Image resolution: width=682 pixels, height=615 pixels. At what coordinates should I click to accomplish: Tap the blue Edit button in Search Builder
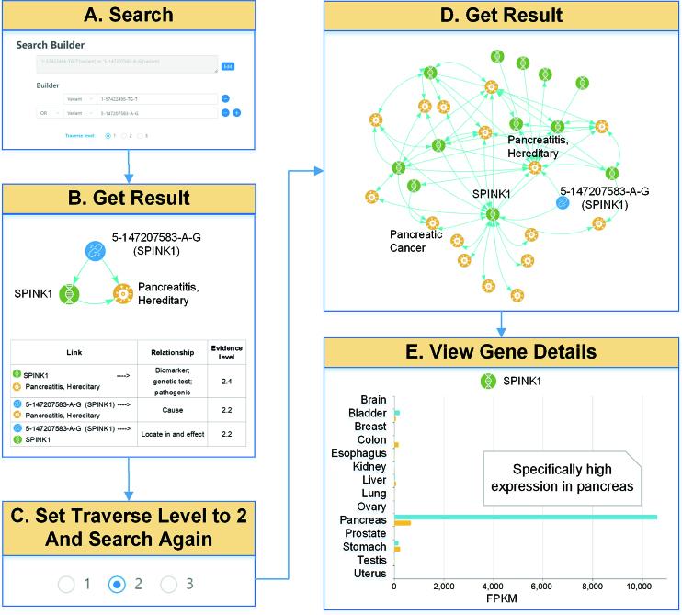[x=227, y=66]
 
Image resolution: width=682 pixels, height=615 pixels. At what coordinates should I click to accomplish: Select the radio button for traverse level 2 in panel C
[x=117, y=584]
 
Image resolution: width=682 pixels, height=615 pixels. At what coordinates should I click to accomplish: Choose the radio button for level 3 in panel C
[x=168, y=584]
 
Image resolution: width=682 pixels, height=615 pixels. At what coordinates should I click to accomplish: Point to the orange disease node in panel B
[x=123, y=295]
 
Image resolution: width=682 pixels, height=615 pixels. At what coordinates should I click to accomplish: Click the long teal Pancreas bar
[x=524, y=518]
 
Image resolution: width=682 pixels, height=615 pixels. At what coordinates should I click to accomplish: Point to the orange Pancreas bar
[x=403, y=524]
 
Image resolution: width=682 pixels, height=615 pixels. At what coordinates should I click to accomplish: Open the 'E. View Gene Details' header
[x=501, y=351]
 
